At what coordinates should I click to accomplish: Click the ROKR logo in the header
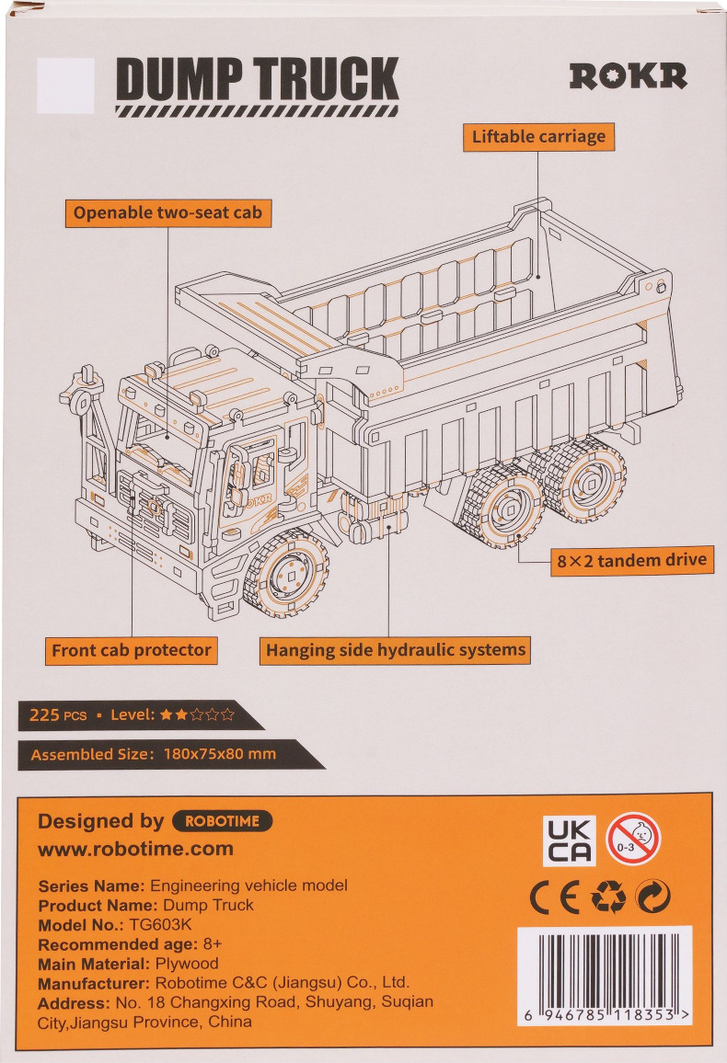(628, 76)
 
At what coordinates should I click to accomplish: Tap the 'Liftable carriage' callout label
(538, 137)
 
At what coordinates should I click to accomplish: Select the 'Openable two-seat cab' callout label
(168, 212)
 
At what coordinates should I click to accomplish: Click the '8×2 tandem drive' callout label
(632, 561)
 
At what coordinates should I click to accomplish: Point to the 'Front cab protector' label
(132, 651)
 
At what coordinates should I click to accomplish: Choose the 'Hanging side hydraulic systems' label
(396, 650)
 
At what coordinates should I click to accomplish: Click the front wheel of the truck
(287, 574)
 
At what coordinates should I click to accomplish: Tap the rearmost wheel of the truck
(584, 478)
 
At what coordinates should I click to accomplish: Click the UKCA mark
(570, 840)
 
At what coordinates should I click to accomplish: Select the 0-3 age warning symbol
(633, 840)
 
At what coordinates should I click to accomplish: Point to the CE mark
(555, 897)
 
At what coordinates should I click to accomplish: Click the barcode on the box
(605, 976)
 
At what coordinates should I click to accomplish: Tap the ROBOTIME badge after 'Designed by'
(223, 821)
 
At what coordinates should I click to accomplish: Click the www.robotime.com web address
(135, 849)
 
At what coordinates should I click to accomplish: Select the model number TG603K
(161, 925)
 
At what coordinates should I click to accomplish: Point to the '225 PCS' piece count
(58, 715)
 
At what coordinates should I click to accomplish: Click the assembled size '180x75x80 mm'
(220, 754)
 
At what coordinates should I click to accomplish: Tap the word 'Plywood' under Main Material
(187, 964)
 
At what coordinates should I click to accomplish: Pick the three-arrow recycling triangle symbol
(608, 897)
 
